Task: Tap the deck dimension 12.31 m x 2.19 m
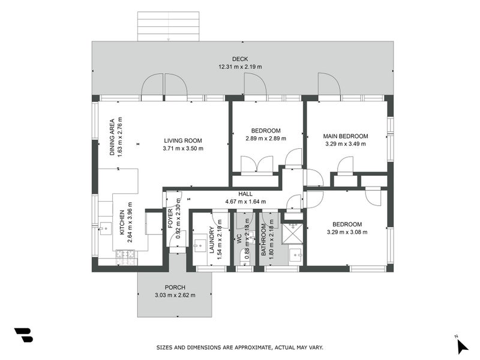[241, 67]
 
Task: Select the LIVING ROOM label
[183, 141]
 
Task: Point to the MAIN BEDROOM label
[346, 136]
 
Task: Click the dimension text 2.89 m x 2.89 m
[266, 139]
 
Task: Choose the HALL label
[245, 194]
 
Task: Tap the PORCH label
[175, 287]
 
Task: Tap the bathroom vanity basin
[295, 256]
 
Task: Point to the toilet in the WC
[244, 257]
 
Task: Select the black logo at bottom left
[23, 335]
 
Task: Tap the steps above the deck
[168, 26]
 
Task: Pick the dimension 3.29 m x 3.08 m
[347, 232]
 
